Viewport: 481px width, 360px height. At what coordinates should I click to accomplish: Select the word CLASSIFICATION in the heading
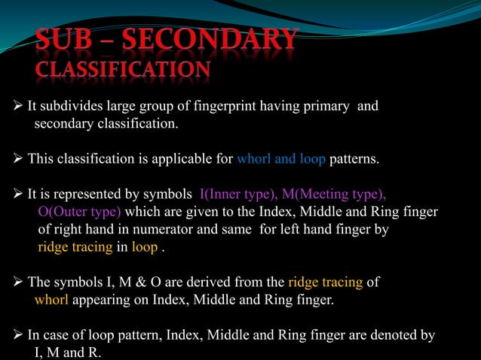[123, 70]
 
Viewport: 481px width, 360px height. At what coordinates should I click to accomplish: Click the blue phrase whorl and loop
[281, 160]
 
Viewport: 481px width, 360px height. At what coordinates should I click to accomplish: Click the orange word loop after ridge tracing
[146, 247]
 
